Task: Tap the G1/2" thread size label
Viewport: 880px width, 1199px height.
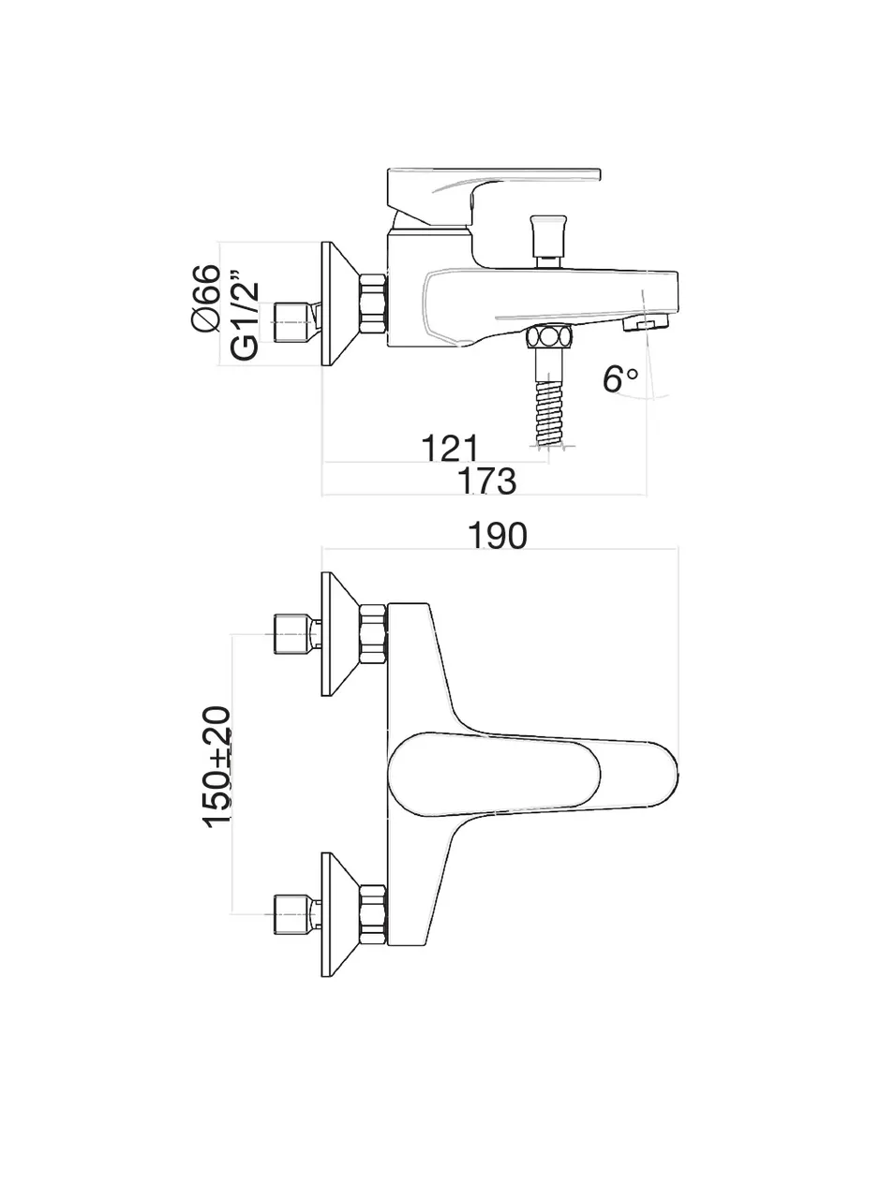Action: [x=244, y=317]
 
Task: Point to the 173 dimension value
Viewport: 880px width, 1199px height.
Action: [x=486, y=481]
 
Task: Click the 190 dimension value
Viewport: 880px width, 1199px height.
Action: [x=497, y=536]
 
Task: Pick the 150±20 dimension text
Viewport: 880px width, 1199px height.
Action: [x=217, y=766]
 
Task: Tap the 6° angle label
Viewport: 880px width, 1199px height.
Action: [x=619, y=378]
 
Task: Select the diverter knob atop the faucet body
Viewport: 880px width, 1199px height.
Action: [x=546, y=235]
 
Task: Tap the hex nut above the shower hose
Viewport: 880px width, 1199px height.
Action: [x=549, y=337]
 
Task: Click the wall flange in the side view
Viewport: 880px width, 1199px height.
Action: [x=339, y=304]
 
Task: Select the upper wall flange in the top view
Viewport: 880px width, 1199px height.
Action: [x=339, y=634]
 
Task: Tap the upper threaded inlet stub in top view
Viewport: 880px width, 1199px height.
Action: [x=292, y=634]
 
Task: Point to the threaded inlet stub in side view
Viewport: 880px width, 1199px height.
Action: [x=292, y=321]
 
